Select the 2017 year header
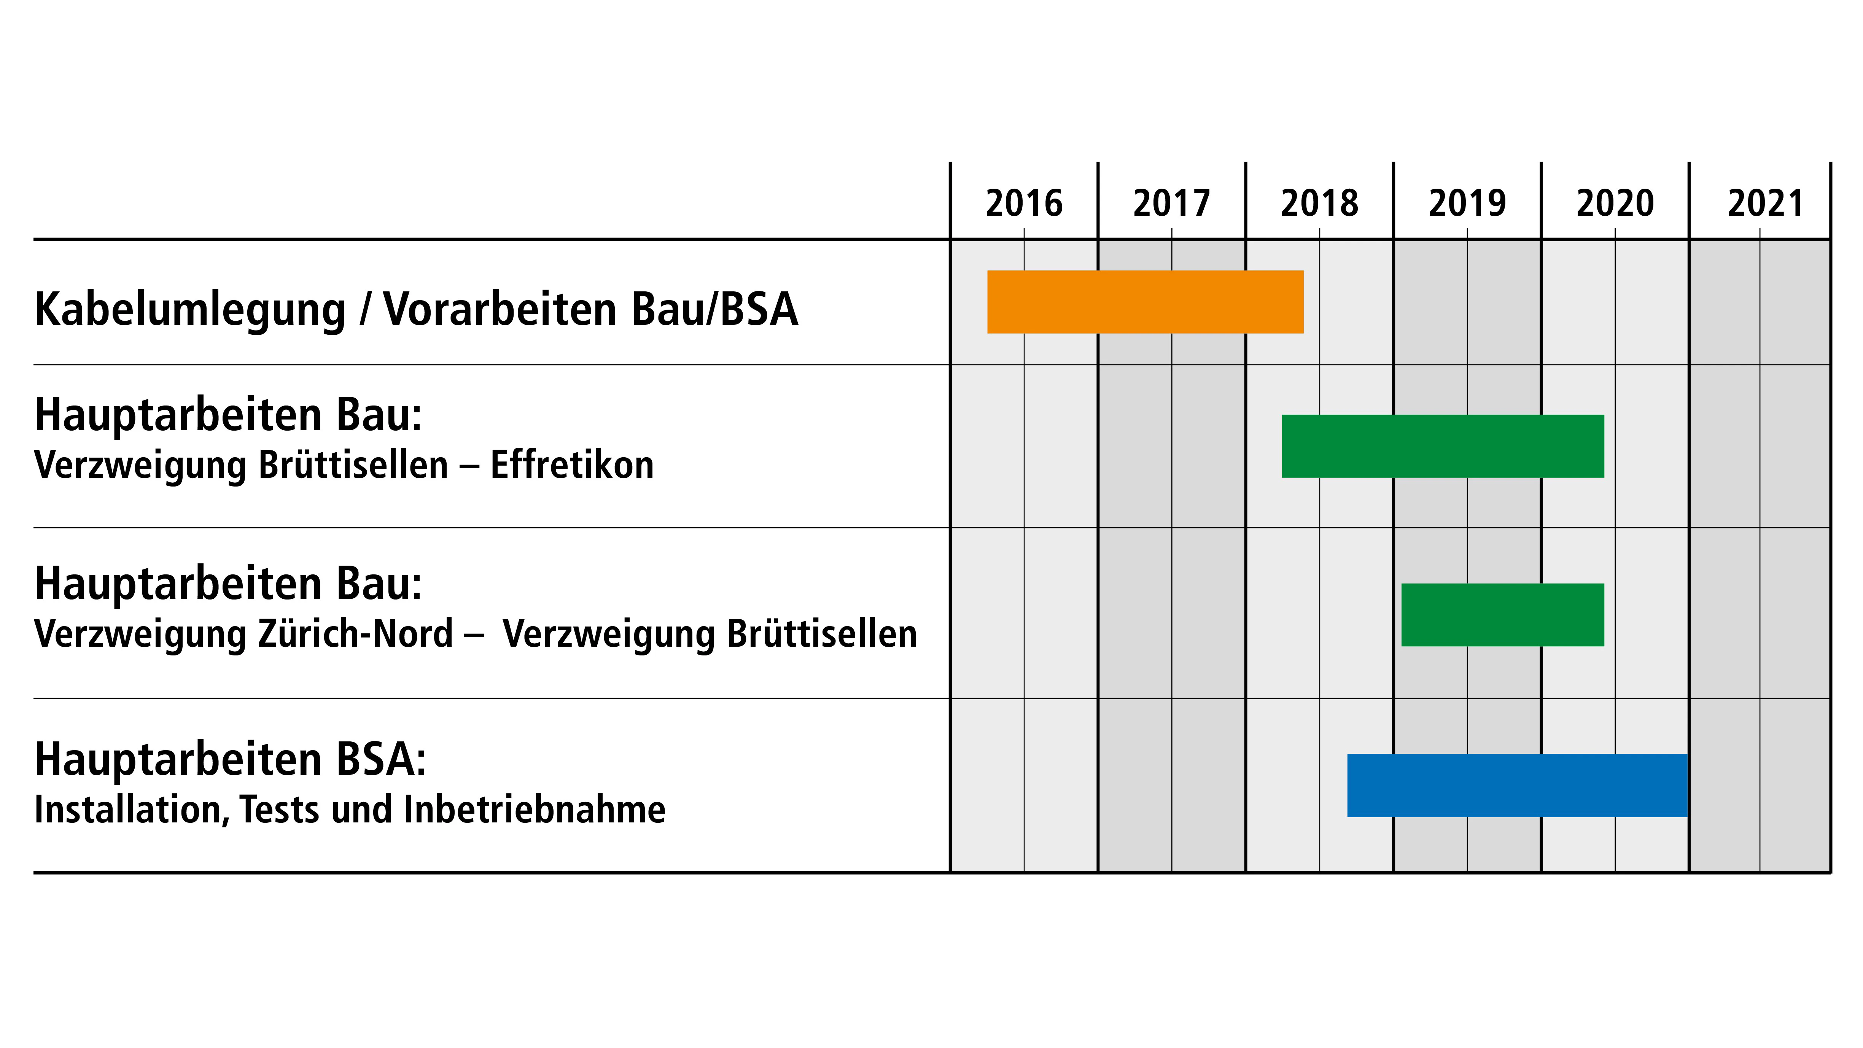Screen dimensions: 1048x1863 pyautogui.click(x=1172, y=203)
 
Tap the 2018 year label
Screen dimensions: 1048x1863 pyautogui.click(x=1319, y=203)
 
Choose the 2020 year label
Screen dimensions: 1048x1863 pyautogui.click(x=1615, y=203)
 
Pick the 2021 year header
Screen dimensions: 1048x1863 pyautogui.click(x=1765, y=203)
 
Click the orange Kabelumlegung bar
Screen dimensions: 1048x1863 pyautogui.click(x=1145, y=302)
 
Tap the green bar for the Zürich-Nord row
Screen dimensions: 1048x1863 pyautogui.click(x=1502, y=615)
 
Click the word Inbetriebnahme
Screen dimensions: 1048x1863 pyautogui.click(x=535, y=809)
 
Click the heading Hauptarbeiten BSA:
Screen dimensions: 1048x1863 pyautogui.click(x=230, y=759)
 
